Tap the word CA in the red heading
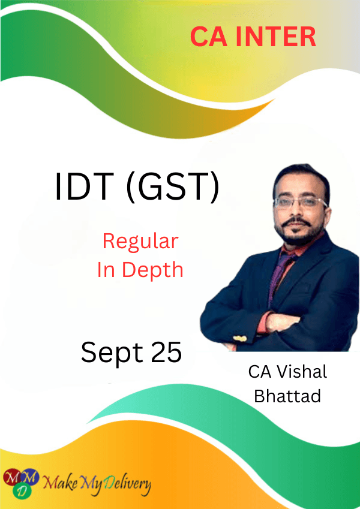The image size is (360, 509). [x=209, y=37]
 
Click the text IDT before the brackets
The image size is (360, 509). [x=85, y=186]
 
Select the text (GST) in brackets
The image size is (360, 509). [x=173, y=187]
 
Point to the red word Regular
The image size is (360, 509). [x=140, y=242]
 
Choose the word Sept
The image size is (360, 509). [x=112, y=353]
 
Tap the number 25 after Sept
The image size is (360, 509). [x=166, y=352]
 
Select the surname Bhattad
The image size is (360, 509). [x=287, y=396]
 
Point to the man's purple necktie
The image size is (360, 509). [x=280, y=273]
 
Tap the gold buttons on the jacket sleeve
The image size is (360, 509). [x=240, y=339]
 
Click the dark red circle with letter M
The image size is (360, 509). [x=13, y=478]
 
